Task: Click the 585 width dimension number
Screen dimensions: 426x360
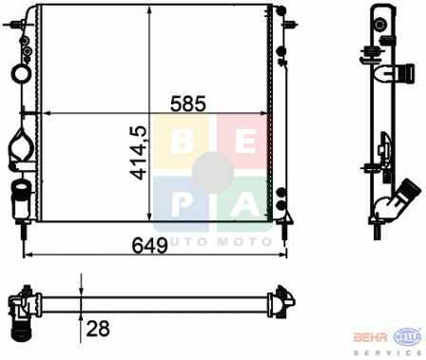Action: click(188, 104)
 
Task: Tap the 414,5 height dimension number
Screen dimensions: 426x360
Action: click(139, 153)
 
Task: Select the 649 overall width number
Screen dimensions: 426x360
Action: click(149, 245)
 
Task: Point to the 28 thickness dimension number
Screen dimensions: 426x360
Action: click(98, 329)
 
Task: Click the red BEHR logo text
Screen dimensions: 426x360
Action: click(370, 337)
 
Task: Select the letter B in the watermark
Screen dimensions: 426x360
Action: click(182, 142)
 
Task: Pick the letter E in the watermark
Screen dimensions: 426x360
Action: click(244, 142)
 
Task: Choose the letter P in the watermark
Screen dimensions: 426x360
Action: click(181, 204)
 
